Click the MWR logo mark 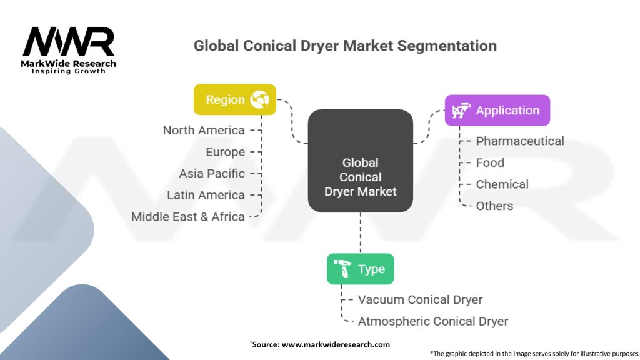(x=69, y=42)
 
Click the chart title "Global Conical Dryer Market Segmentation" (x=345, y=46)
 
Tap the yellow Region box (x=235, y=99)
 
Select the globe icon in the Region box (x=259, y=99)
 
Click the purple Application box (x=497, y=110)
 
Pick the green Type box (x=361, y=269)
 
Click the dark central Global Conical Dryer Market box (x=361, y=161)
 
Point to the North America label (x=204, y=130)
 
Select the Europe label (x=225, y=152)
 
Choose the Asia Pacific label (x=212, y=174)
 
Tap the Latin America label (x=206, y=195)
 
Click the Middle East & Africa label (x=187, y=217)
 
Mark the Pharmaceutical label (x=520, y=141)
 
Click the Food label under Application (x=490, y=163)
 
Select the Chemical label (x=502, y=184)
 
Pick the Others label (x=494, y=206)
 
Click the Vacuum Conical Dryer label (x=420, y=299)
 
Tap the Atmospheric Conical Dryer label (x=433, y=321)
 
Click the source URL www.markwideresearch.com (x=336, y=344)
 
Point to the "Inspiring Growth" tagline (x=69, y=71)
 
